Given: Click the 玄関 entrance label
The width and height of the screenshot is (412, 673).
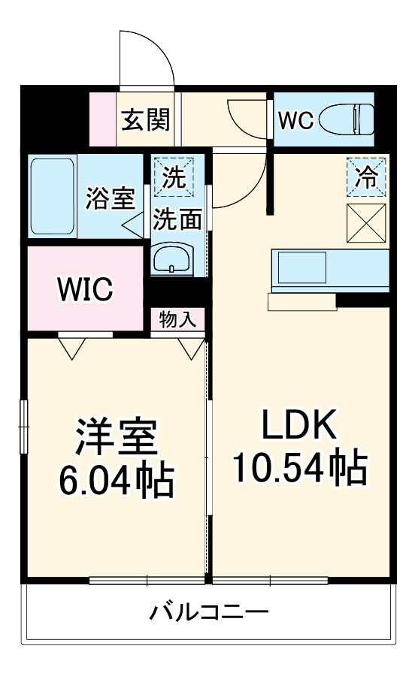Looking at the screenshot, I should pos(146,119).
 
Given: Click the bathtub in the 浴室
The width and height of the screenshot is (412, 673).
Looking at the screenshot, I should pos(52,196).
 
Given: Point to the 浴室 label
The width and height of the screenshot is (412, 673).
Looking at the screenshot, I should pos(110,198).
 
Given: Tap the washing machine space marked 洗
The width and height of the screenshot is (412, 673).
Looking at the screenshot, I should pos(174,178).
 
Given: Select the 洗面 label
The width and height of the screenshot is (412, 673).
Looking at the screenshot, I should pos(177,219).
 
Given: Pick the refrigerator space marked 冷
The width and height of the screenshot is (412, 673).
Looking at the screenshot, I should pos(367,178).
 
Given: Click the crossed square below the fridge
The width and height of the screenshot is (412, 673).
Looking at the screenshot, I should pos(367,223).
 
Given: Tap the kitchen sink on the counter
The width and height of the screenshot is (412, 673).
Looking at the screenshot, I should pos(301,267).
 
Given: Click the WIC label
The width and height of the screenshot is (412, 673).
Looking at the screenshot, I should pos(85,288).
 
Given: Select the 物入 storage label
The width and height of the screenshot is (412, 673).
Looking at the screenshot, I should pos(177,319).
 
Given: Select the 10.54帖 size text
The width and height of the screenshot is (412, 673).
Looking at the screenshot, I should pos(298,467).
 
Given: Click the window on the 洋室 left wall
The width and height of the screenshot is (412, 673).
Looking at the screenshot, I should pos(24,427).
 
